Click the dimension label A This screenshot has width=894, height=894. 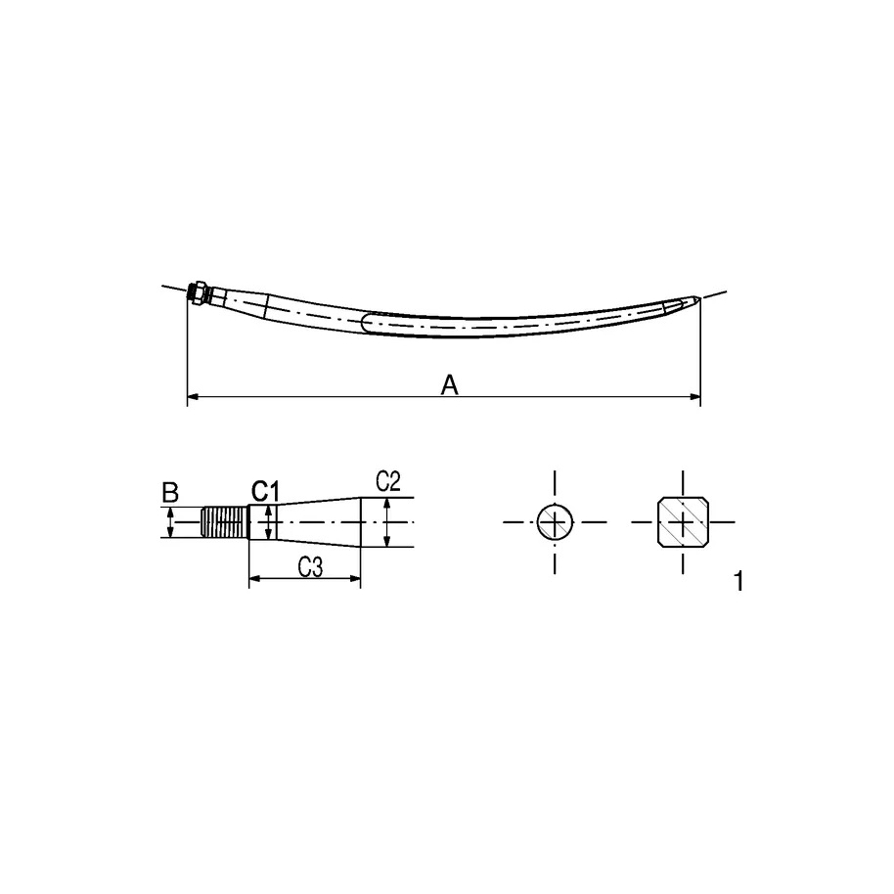point(449,386)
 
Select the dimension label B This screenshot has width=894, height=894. point(170,491)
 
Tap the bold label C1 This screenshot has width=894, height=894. point(266,489)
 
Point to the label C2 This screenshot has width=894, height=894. point(388,480)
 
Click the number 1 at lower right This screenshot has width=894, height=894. point(738,582)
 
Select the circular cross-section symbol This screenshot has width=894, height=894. point(556,522)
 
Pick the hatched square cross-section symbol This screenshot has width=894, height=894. point(682,522)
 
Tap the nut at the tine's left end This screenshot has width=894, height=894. point(198,292)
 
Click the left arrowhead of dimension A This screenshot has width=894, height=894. point(193,397)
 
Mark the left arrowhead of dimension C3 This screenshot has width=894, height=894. point(255,580)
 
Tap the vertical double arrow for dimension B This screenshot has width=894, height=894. point(171,521)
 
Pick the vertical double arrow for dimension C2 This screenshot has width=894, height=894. point(387,522)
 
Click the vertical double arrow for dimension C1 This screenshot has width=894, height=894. point(267,521)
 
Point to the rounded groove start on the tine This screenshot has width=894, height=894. point(365,322)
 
